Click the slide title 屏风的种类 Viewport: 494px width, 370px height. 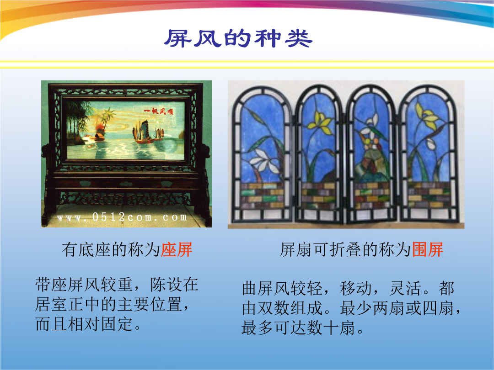point(238,38)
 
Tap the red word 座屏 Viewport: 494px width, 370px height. point(177,250)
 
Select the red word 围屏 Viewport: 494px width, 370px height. point(428,250)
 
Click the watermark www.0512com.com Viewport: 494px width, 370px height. point(122,217)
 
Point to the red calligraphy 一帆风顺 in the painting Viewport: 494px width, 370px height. point(158,111)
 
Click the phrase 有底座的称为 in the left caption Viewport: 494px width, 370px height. point(111,250)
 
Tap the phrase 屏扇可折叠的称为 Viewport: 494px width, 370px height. point(346,250)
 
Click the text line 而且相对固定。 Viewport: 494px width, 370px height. point(89,324)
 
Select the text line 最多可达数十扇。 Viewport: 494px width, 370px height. point(303,328)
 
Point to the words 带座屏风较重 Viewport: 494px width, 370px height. point(84,285)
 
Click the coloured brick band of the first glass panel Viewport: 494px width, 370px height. point(263,195)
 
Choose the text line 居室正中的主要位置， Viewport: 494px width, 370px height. point(113,304)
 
